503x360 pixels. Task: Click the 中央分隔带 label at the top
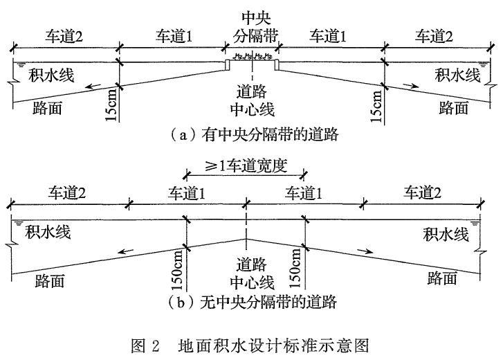click(x=256, y=27)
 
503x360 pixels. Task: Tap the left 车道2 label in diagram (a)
click(x=64, y=36)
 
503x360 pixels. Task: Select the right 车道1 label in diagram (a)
click(x=328, y=36)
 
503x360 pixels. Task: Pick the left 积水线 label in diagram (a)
click(x=51, y=75)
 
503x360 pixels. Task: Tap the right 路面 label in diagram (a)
click(x=454, y=107)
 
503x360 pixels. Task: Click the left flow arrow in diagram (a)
click(x=93, y=86)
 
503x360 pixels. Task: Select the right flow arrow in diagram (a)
click(x=411, y=85)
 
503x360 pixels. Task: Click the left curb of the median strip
click(x=227, y=64)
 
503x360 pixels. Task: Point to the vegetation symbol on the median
click(x=253, y=57)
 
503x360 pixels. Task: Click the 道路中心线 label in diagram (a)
click(x=253, y=100)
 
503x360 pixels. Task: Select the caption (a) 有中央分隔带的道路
click(x=253, y=135)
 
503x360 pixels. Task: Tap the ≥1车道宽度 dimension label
click(x=246, y=166)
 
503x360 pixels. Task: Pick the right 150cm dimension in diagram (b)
click(x=295, y=268)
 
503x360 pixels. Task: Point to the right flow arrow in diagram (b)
click(x=365, y=251)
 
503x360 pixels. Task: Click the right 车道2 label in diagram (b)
click(x=422, y=193)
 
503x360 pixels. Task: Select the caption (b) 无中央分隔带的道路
click(x=252, y=302)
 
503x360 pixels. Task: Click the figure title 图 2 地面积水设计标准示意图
click(x=250, y=345)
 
